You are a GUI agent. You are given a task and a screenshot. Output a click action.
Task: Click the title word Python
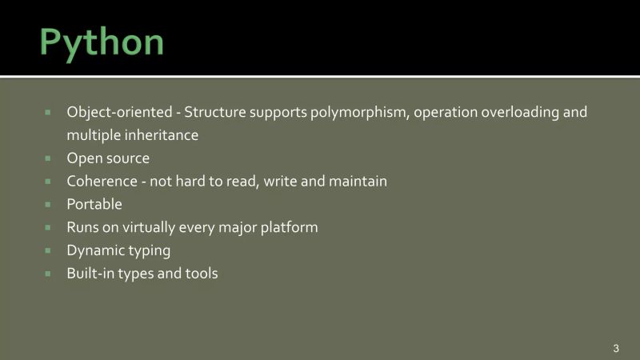coord(102,42)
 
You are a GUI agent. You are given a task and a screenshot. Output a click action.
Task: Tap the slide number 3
coord(616,348)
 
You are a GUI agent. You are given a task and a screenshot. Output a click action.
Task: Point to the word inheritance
coord(160,135)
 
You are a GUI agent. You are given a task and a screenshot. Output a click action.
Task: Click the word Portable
coord(94,205)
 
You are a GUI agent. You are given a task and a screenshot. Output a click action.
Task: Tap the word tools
coord(201,274)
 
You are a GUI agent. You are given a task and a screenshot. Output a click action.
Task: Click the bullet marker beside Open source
coord(48,158)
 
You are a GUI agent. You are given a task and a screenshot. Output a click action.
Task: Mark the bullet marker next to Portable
coord(48,205)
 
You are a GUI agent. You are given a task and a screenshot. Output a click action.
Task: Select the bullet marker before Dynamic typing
coord(48,251)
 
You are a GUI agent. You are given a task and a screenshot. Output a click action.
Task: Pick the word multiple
coord(91,135)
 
